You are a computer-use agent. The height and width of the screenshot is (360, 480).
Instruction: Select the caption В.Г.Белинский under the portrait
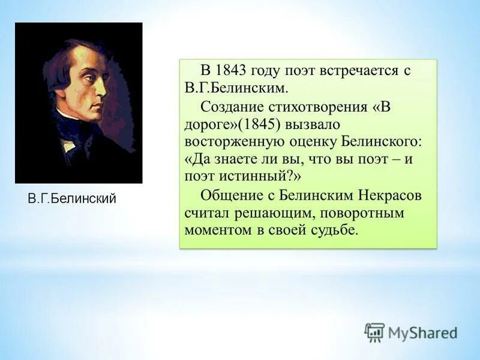72,199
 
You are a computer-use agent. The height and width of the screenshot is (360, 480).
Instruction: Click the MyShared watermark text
422,332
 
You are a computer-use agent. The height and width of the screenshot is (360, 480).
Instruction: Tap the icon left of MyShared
375,332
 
